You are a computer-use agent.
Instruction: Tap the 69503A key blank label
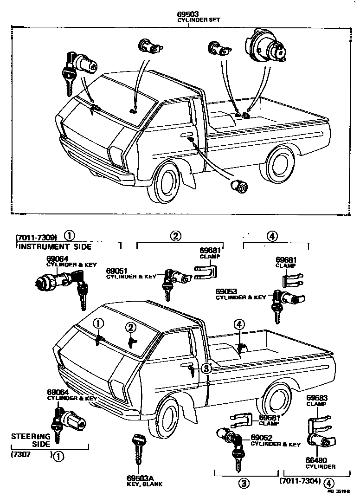click(x=138, y=478)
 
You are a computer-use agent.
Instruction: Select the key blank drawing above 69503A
click(x=138, y=448)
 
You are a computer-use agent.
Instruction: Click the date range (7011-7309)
click(x=35, y=235)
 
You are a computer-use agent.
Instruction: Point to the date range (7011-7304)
click(x=301, y=481)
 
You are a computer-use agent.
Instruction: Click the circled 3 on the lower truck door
click(x=206, y=368)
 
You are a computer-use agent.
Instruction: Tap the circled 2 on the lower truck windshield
click(x=132, y=328)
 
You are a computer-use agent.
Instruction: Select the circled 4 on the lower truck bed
click(x=239, y=325)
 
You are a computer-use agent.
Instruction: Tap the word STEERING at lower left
click(x=31, y=436)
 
